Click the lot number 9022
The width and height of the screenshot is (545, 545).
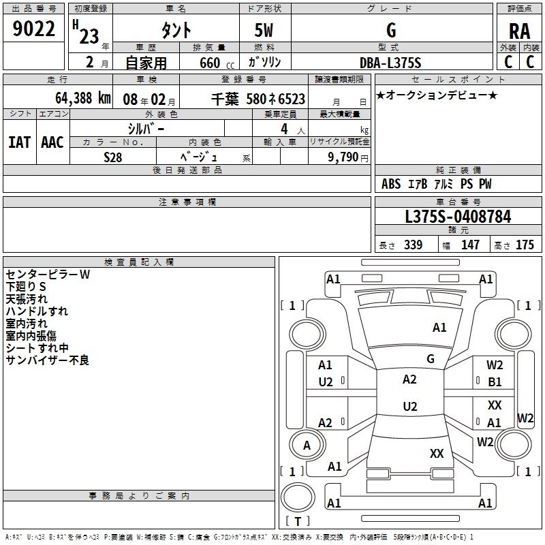coord(34,29)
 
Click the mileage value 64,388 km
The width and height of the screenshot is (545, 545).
coord(75,98)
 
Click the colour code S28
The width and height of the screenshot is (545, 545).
coord(113,157)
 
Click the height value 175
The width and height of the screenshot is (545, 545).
coord(525,245)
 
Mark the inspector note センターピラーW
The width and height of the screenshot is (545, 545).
coord(48,275)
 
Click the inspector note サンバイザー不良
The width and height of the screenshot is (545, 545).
coord(48,360)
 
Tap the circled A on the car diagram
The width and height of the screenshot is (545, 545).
coord(307,446)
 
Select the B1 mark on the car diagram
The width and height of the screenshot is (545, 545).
coord(495,382)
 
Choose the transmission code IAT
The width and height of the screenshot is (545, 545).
coord(19,142)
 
